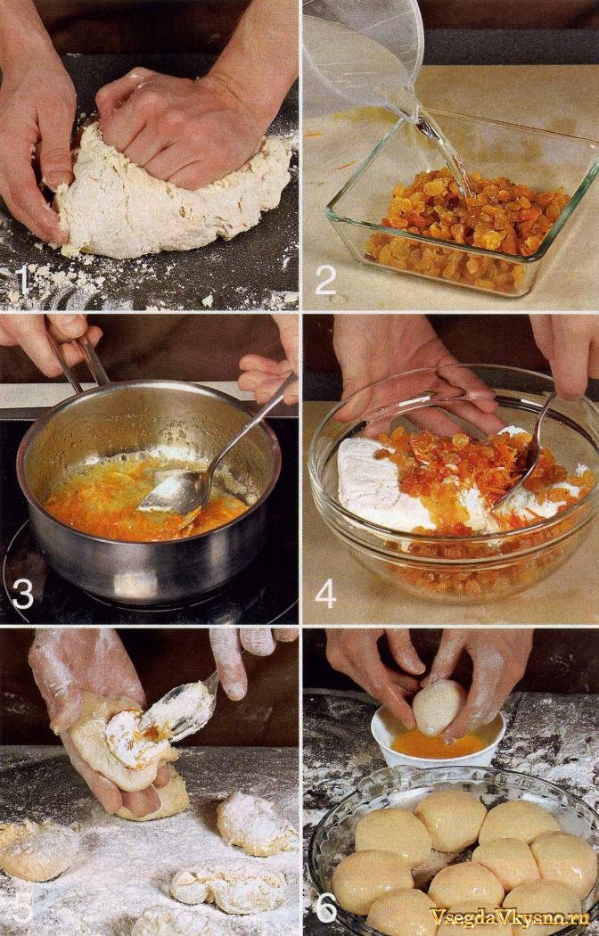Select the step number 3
tap(22, 593)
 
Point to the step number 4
tap(325, 593)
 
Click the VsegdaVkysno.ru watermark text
tap(510, 916)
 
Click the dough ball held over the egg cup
tap(439, 708)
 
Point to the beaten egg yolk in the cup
tap(438, 745)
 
